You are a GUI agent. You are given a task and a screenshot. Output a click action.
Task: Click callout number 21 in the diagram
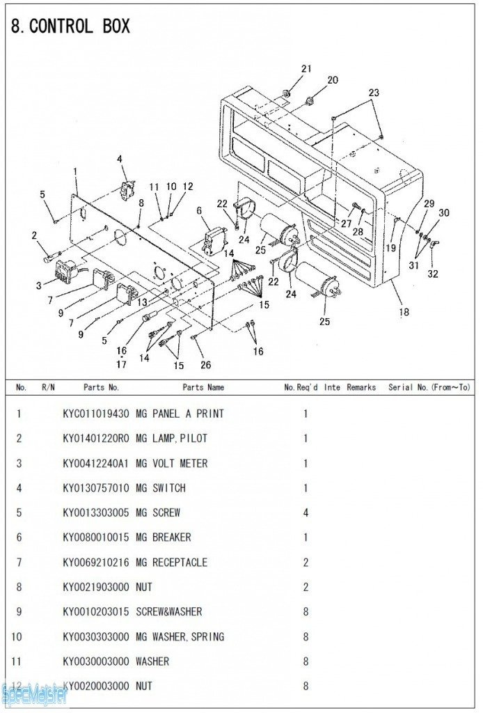306,68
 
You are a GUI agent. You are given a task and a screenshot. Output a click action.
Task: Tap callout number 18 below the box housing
404,312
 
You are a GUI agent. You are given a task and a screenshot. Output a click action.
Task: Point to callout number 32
433,274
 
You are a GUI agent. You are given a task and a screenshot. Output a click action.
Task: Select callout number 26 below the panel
205,364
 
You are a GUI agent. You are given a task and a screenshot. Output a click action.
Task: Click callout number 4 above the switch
120,159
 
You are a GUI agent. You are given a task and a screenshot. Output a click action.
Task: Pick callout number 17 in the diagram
122,363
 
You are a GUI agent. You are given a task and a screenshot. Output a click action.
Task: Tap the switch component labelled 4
127,189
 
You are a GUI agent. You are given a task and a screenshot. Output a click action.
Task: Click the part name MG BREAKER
163,538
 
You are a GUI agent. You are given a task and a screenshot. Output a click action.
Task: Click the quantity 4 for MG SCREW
306,512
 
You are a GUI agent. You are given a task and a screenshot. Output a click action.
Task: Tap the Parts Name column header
203,387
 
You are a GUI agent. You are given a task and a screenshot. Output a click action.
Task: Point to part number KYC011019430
96,414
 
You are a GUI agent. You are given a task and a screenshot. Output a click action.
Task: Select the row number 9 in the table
19,611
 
